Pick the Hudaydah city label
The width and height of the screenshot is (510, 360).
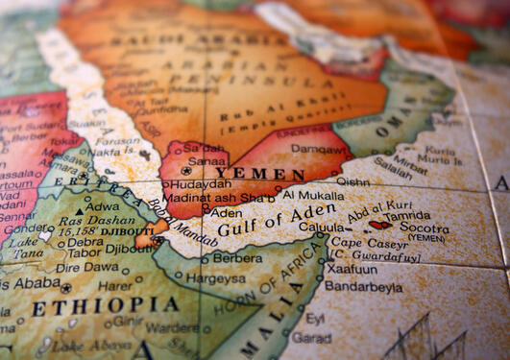(202, 183)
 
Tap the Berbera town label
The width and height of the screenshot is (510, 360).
(236, 257)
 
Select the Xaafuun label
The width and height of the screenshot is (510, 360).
(352, 270)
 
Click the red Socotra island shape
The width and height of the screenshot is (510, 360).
(381, 225)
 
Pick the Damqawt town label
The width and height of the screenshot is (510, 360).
(313, 150)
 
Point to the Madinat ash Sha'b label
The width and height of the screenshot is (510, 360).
(223, 198)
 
